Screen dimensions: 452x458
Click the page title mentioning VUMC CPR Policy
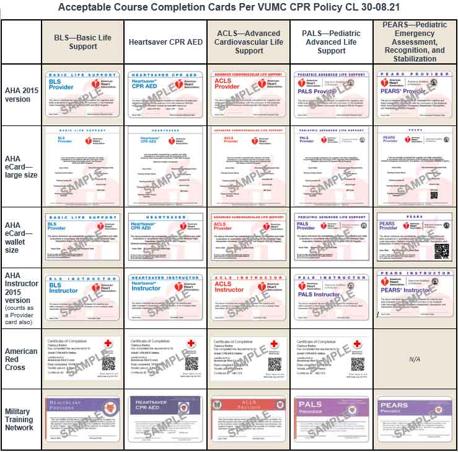tap(228, 7)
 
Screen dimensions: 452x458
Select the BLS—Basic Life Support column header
tap(82, 42)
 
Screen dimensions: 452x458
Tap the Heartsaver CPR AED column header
tap(165, 42)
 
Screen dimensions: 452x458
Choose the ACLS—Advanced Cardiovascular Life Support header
tap(249, 42)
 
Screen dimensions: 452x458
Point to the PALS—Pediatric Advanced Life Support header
tap(331, 42)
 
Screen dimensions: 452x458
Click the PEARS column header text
tap(414, 42)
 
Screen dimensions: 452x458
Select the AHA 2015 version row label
tap(21, 95)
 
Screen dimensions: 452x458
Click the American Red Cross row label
tap(21, 359)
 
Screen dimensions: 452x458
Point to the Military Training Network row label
tap(21, 419)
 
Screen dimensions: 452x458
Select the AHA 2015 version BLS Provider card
tap(82, 94)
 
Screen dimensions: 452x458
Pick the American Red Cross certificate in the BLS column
tap(82, 359)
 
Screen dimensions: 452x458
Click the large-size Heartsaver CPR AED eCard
tap(165, 165)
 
